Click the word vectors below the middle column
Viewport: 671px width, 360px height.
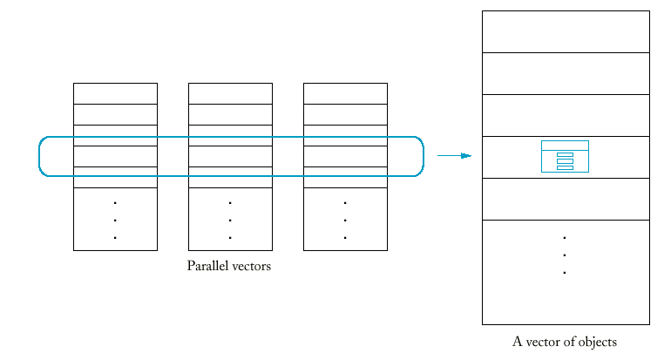[250, 266]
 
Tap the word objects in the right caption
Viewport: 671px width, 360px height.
[595, 343]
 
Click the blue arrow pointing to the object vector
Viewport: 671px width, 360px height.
[454, 156]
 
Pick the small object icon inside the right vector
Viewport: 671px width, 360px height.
[565, 156]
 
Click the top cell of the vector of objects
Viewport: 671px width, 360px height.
[566, 31]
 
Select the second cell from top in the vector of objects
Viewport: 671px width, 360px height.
[566, 73]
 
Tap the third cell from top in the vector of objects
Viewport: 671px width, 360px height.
[566, 115]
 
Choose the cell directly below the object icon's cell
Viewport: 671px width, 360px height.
[566, 199]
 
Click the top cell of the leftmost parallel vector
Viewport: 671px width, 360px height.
[115, 93]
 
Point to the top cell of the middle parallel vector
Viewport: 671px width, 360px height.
[230, 93]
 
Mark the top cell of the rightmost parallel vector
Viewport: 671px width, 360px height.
[345, 93]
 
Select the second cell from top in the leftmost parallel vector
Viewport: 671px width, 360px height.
[115, 114]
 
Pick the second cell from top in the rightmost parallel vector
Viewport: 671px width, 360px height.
[345, 114]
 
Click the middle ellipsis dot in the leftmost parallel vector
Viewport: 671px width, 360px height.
[115, 220]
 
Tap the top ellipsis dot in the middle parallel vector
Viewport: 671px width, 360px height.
[230, 202]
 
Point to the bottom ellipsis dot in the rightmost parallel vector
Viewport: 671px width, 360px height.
[345, 237]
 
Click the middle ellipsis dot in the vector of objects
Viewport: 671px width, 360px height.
[565, 255]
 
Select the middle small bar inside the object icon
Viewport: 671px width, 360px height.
[565, 161]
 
